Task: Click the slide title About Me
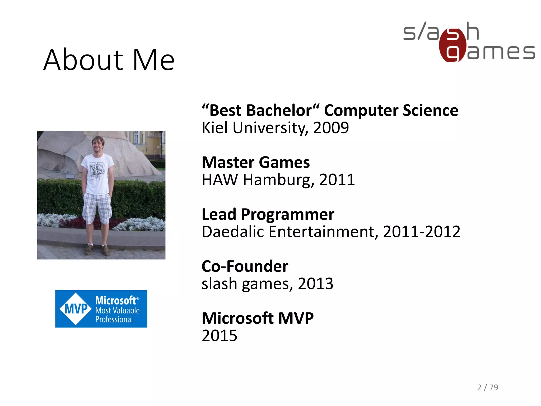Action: coord(109,60)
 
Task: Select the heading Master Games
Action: coord(255,162)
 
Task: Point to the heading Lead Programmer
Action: coord(268,214)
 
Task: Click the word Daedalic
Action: coord(233,232)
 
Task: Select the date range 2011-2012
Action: coord(421,232)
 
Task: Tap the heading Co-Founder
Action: coord(245,266)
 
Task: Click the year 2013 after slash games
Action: coord(315,284)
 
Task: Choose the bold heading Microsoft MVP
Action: coord(257,318)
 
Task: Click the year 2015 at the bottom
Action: coord(219,336)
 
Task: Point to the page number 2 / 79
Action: coord(487,387)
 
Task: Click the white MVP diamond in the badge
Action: coord(76,309)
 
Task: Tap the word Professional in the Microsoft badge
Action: coord(114,320)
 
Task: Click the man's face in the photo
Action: coord(97,144)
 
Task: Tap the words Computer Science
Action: coord(391,110)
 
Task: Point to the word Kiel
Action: coord(214,128)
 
